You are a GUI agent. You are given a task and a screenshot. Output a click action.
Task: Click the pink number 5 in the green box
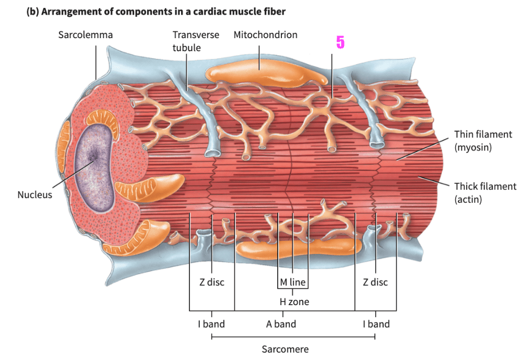[x=340, y=42]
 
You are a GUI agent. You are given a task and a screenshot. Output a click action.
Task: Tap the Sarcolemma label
[x=86, y=35]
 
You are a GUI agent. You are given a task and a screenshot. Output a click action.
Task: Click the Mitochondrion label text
[x=265, y=35]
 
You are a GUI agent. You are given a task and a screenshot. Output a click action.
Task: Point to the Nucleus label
[x=35, y=195]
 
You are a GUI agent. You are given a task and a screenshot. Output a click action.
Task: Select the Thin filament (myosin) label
[x=483, y=141]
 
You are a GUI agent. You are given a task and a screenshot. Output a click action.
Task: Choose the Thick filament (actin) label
[x=485, y=192]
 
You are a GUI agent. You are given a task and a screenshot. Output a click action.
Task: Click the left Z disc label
[x=211, y=282]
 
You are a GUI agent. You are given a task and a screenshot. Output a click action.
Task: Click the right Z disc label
[x=375, y=282]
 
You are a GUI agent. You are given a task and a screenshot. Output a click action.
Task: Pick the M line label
[x=292, y=283]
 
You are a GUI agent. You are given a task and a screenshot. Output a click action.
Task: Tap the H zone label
[x=294, y=301]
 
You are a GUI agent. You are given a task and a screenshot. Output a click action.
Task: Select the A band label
[x=281, y=324]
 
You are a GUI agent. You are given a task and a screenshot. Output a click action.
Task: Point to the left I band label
[x=211, y=324]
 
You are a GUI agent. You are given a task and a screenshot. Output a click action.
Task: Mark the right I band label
[x=376, y=324]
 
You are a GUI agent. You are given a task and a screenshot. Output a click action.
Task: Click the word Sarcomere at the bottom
[x=285, y=349]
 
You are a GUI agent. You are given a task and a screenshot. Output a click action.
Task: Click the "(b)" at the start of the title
[x=34, y=11]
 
